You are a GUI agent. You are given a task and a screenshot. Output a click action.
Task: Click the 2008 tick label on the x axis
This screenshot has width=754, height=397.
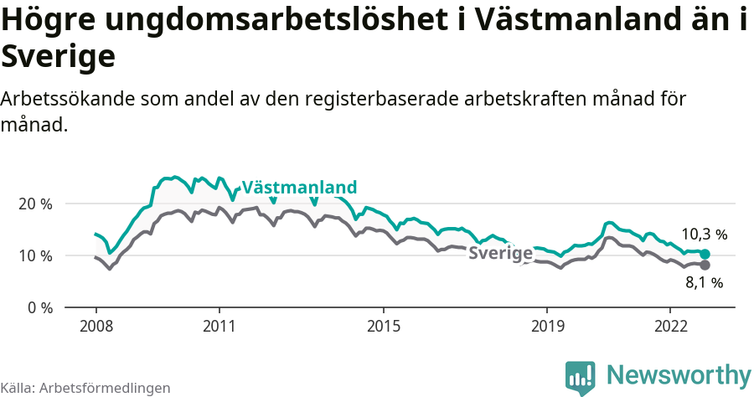96,326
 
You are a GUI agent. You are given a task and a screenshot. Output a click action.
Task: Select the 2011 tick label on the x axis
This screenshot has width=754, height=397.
219,326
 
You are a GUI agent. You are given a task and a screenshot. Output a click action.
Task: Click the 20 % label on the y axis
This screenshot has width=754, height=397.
35,204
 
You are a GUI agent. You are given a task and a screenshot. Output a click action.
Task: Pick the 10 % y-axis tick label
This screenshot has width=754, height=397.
35,255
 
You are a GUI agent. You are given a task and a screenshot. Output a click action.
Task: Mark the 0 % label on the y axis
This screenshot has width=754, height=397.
39,307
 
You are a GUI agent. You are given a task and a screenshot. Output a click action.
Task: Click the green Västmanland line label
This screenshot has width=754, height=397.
299,187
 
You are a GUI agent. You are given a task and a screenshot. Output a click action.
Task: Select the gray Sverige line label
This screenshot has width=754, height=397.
500,254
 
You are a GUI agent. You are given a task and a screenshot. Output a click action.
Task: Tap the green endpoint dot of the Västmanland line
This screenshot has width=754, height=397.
705,254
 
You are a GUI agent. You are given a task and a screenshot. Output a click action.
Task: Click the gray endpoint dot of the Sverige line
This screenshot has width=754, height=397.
705,265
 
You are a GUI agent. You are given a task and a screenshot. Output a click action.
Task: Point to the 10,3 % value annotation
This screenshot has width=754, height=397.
704,235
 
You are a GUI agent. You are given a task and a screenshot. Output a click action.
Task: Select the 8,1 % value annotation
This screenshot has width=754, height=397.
704,283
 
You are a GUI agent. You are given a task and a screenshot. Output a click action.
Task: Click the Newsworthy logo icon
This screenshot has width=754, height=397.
580,377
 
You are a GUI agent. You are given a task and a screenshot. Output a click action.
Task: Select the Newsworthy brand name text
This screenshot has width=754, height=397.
679,374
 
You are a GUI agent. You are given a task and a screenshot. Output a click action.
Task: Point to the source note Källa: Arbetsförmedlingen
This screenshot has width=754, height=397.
85,388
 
